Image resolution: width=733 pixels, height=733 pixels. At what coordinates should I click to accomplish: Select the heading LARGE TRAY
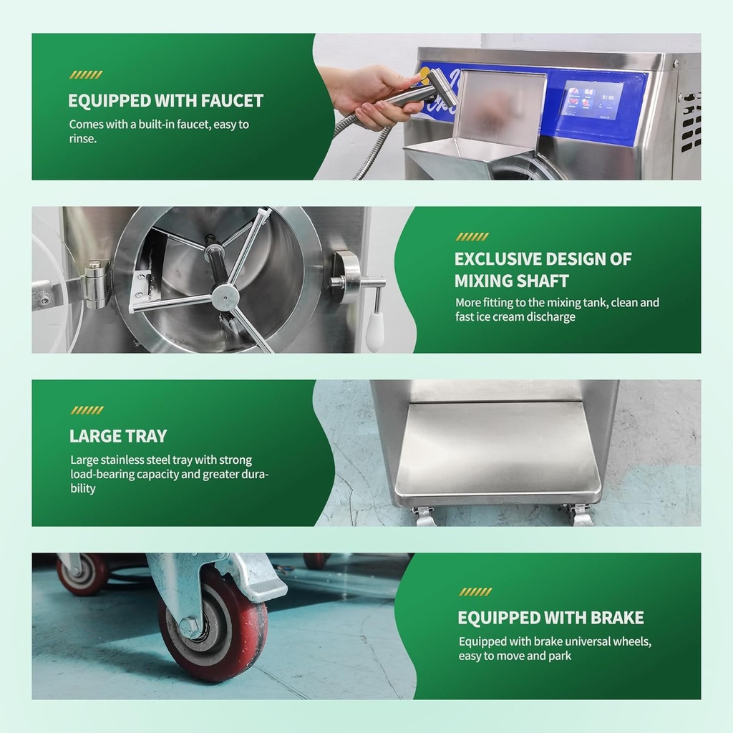point(118,436)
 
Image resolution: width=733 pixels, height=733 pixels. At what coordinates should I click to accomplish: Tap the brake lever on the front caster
point(258,583)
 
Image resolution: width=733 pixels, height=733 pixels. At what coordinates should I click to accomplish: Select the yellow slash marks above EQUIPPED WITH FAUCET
point(86,74)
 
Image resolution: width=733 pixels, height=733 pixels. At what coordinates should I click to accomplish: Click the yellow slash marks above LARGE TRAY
point(87,410)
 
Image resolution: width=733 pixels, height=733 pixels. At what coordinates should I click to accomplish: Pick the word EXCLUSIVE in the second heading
point(498,258)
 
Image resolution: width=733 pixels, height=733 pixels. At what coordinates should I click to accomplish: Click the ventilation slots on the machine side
point(689,122)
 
